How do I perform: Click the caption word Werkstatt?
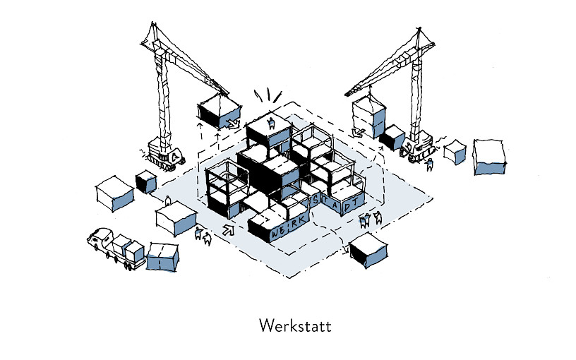[295, 326]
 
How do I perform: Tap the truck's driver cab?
[99, 239]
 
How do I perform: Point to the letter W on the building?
[275, 233]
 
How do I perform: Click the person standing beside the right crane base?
[430, 165]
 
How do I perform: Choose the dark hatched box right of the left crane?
[145, 182]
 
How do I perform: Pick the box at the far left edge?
[114, 193]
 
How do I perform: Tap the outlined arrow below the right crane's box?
[357, 131]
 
